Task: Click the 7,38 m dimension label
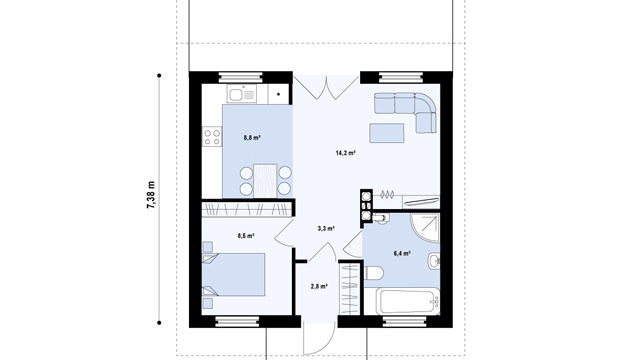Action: (151, 195)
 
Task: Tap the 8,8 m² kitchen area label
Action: (252, 138)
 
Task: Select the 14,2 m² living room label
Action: (345, 153)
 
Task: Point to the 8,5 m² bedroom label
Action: (246, 236)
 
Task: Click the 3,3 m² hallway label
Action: (326, 228)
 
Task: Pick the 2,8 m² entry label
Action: (319, 287)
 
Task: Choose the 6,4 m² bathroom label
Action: (402, 253)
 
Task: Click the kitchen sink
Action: (241, 94)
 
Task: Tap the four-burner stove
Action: (212, 137)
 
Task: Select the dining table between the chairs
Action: (265, 181)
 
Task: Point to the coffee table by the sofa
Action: (387, 133)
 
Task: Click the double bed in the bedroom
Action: (233, 275)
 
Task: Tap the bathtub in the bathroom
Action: (409, 302)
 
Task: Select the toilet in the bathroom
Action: (373, 273)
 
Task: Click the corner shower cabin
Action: (425, 228)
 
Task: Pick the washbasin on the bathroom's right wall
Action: (434, 261)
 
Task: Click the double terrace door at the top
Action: (326, 88)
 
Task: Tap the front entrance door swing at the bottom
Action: (319, 339)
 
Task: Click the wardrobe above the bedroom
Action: (248, 209)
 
